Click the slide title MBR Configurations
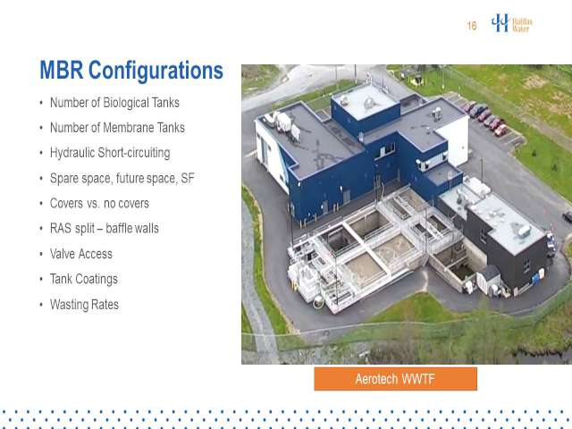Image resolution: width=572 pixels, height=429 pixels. [131, 71]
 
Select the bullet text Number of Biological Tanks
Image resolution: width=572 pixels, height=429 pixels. [114, 103]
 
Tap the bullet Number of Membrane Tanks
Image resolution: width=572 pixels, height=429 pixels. [117, 128]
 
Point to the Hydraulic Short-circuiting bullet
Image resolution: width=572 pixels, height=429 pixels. [110, 153]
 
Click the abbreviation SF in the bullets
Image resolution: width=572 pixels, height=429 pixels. [188, 179]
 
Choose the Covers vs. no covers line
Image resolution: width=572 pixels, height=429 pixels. [99, 203]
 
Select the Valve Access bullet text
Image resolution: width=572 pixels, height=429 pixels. [81, 254]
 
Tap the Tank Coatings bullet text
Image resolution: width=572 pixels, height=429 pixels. [84, 279]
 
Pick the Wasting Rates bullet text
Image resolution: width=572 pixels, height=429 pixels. [84, 305]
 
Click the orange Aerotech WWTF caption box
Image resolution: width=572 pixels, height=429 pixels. [395, 379]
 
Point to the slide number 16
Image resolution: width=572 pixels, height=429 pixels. [472, 26]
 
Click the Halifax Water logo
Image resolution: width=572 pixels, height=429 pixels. [512, 23]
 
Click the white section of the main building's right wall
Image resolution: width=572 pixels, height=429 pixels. [453, 141]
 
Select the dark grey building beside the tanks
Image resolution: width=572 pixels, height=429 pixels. [502, 240]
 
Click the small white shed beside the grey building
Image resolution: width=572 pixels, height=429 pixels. [489, 279]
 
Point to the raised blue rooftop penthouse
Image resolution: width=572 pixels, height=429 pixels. [366, 108]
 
